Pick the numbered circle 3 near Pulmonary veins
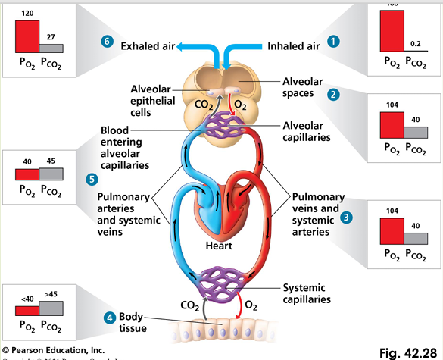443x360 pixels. [x=347, y=217]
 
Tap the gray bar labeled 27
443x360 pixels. [x=51, y=48]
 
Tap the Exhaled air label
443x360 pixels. [x=149, y=46]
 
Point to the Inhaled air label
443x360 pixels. [x=293, y=46]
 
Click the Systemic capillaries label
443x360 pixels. [x=306, y=293]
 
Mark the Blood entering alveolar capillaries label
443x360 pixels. [x=125, y=147]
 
